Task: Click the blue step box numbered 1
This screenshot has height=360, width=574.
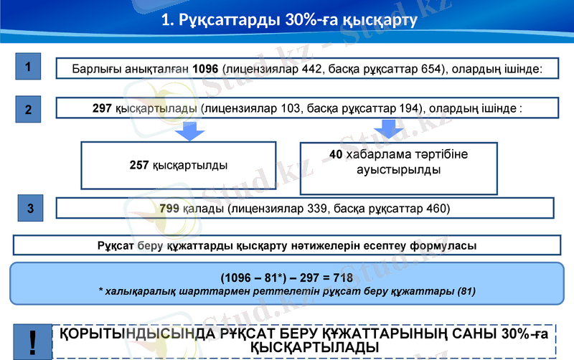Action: point(27,67)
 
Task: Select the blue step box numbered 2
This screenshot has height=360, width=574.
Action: point(27,110)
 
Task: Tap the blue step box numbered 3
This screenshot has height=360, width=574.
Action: point(30,209)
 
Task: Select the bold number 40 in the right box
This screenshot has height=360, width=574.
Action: point(336,155)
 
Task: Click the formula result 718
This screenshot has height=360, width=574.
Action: point(342,277)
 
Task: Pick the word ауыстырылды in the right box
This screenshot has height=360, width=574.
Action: point(398,171)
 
